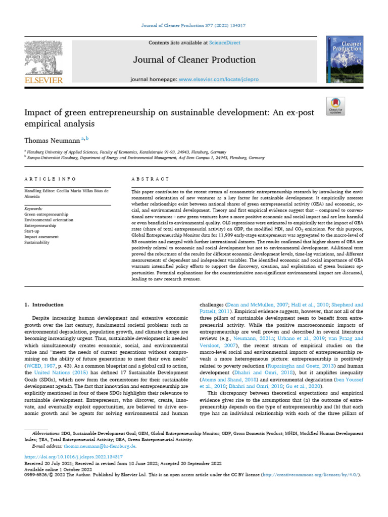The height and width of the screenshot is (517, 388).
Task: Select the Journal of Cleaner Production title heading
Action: pos(194,60)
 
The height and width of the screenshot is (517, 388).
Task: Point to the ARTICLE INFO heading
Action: pos(51,179)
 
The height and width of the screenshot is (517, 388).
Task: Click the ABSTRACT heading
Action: pos(150,179)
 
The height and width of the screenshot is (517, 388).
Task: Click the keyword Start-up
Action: pos(33,231)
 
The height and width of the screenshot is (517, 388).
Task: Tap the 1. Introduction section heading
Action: pos(44,305)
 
